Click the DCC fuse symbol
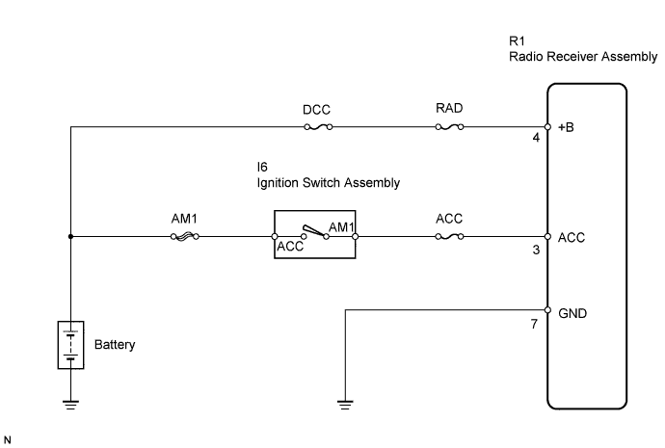coord(317,126)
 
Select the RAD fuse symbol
coord(449,126)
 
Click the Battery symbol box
coord(70,344)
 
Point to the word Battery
coord(115,344)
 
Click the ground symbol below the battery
coord(70,404)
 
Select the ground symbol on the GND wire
coord(346,404)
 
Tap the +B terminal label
coord(567,126)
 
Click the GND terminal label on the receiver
coord(572,313)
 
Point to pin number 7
coord(535,326)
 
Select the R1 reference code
coord(516,41)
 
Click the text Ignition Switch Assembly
coord(323,182)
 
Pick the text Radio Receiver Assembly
coord(582,57)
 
